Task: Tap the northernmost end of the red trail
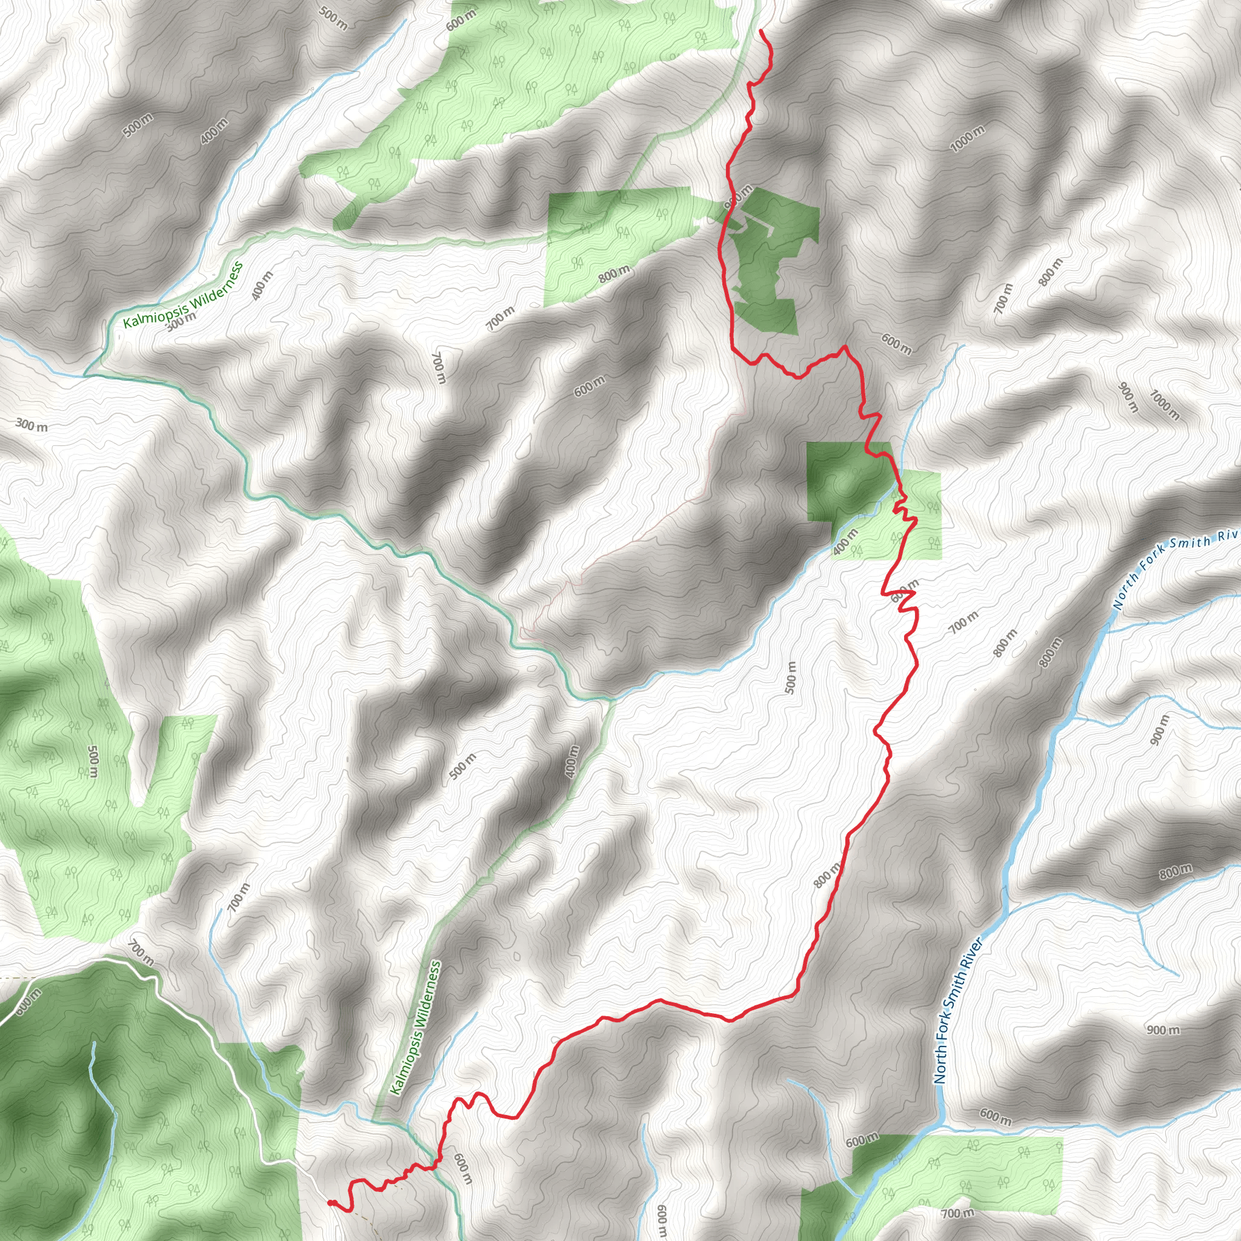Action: pos(761,30)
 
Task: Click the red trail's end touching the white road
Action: pos(330,1202)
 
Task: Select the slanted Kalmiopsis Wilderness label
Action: pos(183,295)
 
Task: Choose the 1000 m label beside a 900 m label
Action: pos(1164,405)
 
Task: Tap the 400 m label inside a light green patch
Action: pos(845,542)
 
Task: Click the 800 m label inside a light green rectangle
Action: pos(614,274)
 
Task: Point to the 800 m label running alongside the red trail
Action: pos(827,875)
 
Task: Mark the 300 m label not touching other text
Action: pos(32,425)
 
